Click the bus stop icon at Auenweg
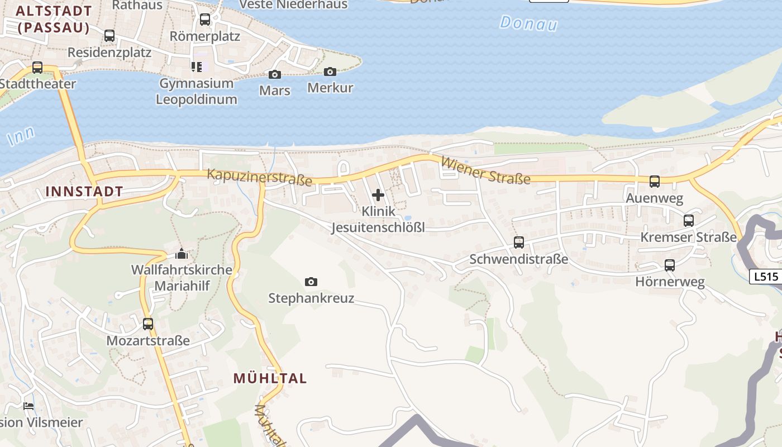(654, 182)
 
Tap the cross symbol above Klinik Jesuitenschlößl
(378, 195)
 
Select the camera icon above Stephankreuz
(311, 282)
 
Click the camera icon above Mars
(274, 74)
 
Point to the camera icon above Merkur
(330, 72)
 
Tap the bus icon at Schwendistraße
(519, 242)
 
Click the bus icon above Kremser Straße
(689, 221)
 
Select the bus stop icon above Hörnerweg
(670, 265)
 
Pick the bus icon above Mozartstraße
(148, 324)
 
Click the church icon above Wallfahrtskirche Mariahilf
(181, 254)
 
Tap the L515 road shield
(765, 276)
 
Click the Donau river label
(529, 23)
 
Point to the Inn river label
(21, 136)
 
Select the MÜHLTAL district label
(270, 378)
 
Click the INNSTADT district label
(84, 191)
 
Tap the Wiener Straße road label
(485, 170)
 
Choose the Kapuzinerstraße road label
(260, 177)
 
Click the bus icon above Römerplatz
(205, 20)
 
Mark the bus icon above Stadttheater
(37, 68)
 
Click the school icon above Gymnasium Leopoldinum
(196, 67)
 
